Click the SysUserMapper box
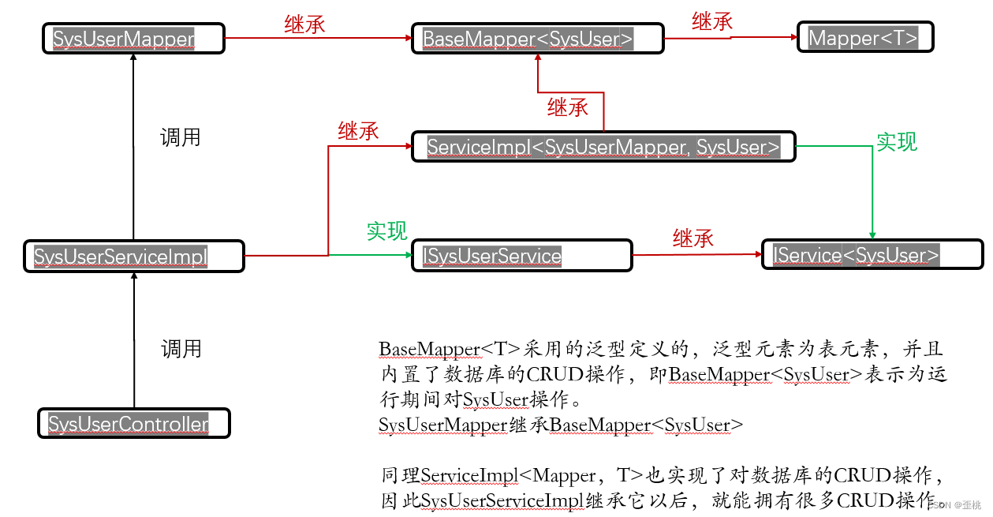point(133,39)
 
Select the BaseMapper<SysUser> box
point(537,39)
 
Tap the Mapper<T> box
point(865,38)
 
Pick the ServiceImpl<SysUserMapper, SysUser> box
point(603,147)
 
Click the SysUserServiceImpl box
point(133,256)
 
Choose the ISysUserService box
point(522,256)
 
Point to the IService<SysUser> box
point(872,255)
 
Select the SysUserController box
point(133,424)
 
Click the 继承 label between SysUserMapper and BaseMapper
point(304,24)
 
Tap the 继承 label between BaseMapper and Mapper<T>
point(712,22)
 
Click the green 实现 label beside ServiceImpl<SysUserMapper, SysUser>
point(898,142)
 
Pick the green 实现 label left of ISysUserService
point(386,231)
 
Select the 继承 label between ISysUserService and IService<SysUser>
point(693,238)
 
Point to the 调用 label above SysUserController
point(181,348)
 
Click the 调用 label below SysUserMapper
point(181,137)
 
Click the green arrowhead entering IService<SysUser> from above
point(872,234)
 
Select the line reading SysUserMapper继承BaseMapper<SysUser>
point(560,425)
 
